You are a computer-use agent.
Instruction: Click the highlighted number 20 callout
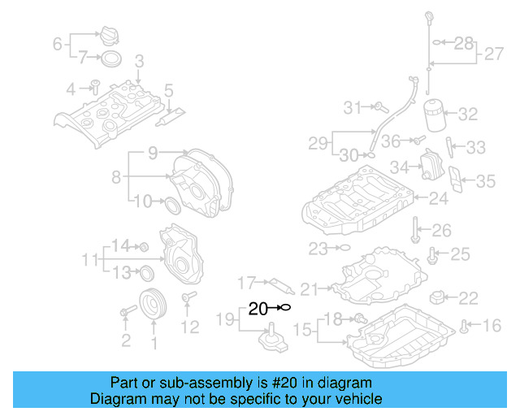(258, 309)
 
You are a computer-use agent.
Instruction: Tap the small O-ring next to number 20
(284, 308)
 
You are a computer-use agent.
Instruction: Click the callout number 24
(439, 197)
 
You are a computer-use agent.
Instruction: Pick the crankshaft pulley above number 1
(151, 305)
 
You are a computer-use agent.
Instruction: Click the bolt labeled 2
(127, 312)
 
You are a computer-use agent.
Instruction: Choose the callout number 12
(189, 327)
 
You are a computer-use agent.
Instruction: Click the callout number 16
(492, 327)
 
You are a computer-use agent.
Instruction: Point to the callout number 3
(139, 61)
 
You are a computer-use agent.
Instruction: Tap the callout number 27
(495, 55)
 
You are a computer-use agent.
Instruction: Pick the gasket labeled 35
(459, 183)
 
